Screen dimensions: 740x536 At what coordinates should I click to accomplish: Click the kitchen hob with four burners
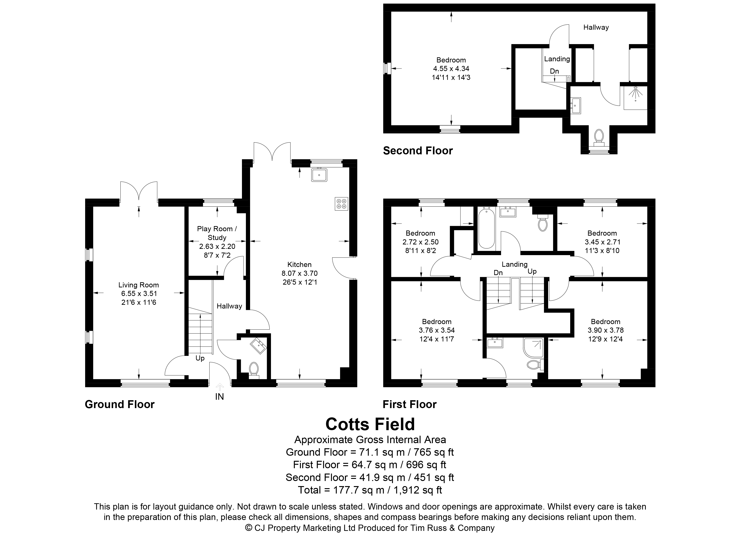pyautogui.click(x=341, y=204)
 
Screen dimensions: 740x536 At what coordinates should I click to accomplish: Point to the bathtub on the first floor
pyautogui.click(x=486, y=229)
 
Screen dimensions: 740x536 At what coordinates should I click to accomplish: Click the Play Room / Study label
pyautogui.click(x=217, y=233)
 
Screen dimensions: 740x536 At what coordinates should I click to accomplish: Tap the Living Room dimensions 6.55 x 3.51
pyautogui.click(x=139, y=293)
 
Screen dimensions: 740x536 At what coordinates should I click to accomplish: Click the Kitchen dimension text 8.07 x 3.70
pyautogui.click(x=299, y=273)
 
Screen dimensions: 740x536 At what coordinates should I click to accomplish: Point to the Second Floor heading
pyautogui.click(x=418, y=151)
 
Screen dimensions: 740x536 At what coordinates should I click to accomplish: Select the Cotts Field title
pyautogui.click(x=370, y=424)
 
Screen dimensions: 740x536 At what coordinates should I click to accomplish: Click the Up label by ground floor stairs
pyautogui.click(x=200, y=358)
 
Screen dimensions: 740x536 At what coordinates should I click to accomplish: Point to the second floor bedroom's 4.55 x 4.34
pyautogui.click(x=451, y=68)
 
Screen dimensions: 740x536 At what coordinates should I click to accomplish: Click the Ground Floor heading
pyautogui.click(x=120, y=404)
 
